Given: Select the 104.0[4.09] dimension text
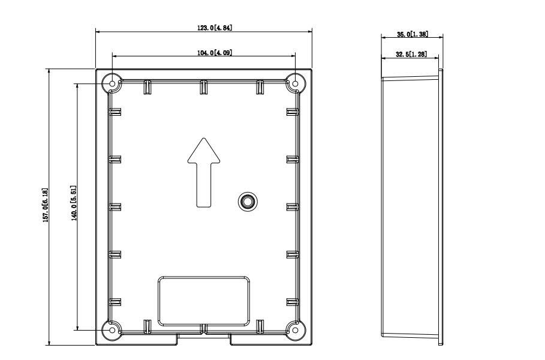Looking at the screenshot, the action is [x=214, y=53].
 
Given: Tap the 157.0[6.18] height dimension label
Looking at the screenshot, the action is [x=44, y=207].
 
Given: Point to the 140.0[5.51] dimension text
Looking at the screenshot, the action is [x=74, y=203].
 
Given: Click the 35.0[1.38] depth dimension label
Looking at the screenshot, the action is [x=412, y=34].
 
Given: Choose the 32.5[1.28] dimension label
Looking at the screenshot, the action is [x=411, y=54].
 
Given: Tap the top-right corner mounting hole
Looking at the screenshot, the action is [x=294, y=84].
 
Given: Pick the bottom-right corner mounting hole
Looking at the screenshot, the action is [x=294, y=329].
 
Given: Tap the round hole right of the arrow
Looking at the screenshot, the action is [x=246, y=201].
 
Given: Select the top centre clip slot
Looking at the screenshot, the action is [x=204, y=87].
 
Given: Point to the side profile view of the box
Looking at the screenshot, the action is [x=411, y=207].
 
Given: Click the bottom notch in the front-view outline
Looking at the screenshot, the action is [x=204, y=339].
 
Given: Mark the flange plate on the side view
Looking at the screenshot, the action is [x=441, y=207].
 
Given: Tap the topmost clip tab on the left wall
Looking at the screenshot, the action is [x=115, y=111].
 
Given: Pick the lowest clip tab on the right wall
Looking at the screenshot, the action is [x=293, y=302].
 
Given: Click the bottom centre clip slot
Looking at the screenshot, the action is [x=204, y=328].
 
